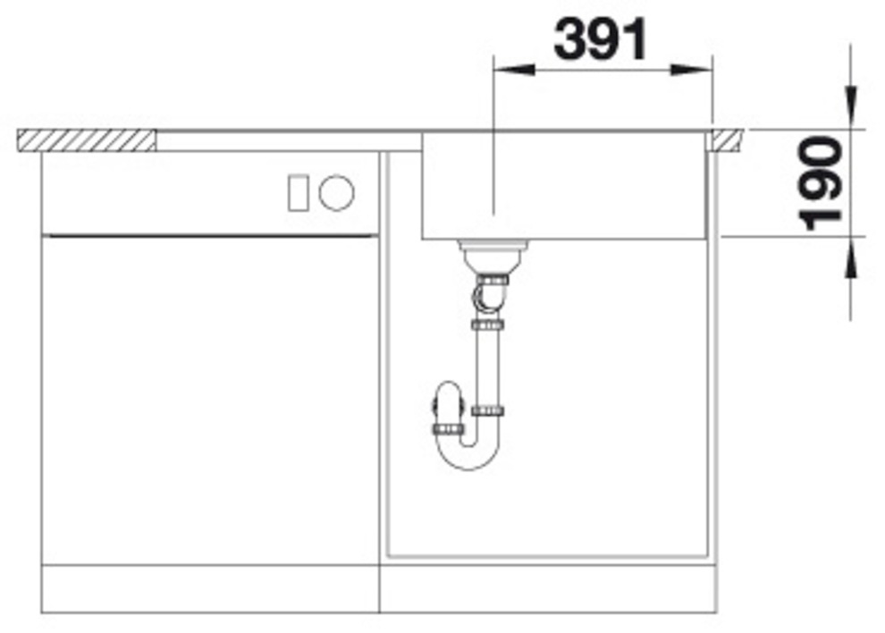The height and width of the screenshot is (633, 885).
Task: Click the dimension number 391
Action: tap(601, 39)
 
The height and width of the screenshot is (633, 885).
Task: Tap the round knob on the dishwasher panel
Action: tap(336, 192)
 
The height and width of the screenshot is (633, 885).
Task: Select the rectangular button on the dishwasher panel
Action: tap(298, 193)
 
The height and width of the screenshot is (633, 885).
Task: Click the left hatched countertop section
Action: tap(87, 140)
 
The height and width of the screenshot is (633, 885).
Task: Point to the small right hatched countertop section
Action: tap(727, 140)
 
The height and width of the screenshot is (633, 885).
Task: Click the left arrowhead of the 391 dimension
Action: tap(514, 70)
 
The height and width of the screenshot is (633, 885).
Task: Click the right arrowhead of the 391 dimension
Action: tap(692, 70)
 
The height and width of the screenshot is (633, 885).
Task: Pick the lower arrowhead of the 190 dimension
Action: tap(850, 258)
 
